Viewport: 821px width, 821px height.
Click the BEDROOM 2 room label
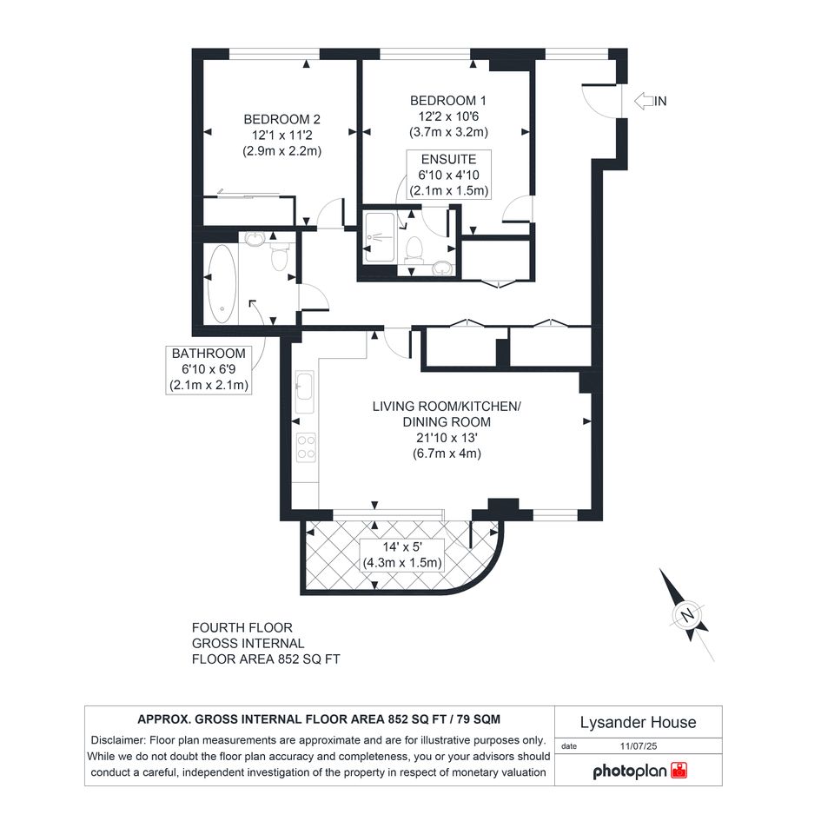(281, 119)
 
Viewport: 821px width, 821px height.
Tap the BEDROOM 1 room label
(448, 101)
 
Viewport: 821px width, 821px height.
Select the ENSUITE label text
(448, 159)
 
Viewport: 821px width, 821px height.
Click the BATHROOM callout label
(209, 354)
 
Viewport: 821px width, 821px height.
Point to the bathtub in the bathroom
(222, 283)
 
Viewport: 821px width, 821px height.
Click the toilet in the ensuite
(414, 249)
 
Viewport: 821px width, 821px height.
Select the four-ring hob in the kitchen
(307, 447)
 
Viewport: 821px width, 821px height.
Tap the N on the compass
(687, 615)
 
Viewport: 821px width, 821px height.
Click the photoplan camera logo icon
(679, 771)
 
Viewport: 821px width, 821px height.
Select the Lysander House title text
(639, 723)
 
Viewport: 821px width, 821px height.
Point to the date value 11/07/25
(639, 746)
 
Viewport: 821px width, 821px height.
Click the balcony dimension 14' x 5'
(402, 547)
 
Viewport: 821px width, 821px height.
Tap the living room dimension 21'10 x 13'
(447, 438)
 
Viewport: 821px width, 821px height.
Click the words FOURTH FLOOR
(242, 628)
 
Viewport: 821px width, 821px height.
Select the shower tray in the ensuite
(380, 237)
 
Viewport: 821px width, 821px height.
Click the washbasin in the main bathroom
(255, 239)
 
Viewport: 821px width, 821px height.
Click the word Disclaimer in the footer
(118, 740)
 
